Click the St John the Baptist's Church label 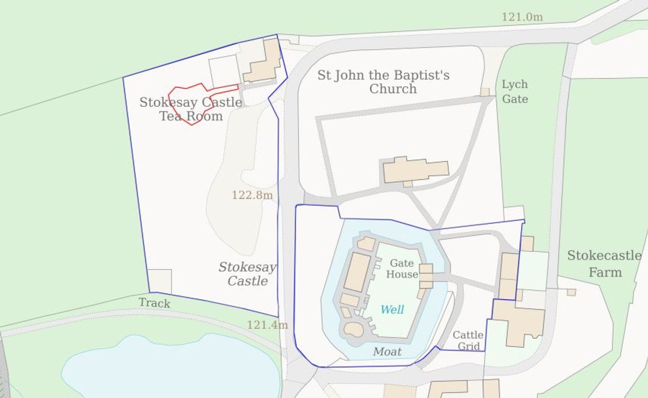pyautogui.click(x=383, y=82)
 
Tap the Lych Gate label pyautogui.click(x=515, y=92)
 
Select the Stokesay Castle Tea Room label pyautogui.click(x=191, y=109)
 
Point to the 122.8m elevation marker pyautogui.click(x=252, y=195)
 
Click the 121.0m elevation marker pyautogui.click(x=522, y=17)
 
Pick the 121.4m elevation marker pyautogui.click(x=267, y=325)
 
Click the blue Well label pyautogui.click(x=392, y=310)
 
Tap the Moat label pyautogui.click(x=387, y=352)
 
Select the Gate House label pyautogui.click(x=403, y=269)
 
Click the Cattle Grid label pyautogui.click(x=468, y=341)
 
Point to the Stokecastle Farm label pyautogui.click(x=604, y=264)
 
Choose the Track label pyautogui.click(x=154, y=303)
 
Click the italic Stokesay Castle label pyautogui.click(x=247, y=274)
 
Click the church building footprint pyautogui.click(x=415, y=170)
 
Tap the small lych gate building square pyautogui.click(x=485, y=92)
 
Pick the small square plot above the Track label pyautogui.click(x=160, y=281)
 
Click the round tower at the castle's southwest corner pyautogui.click(x=354, y=328)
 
